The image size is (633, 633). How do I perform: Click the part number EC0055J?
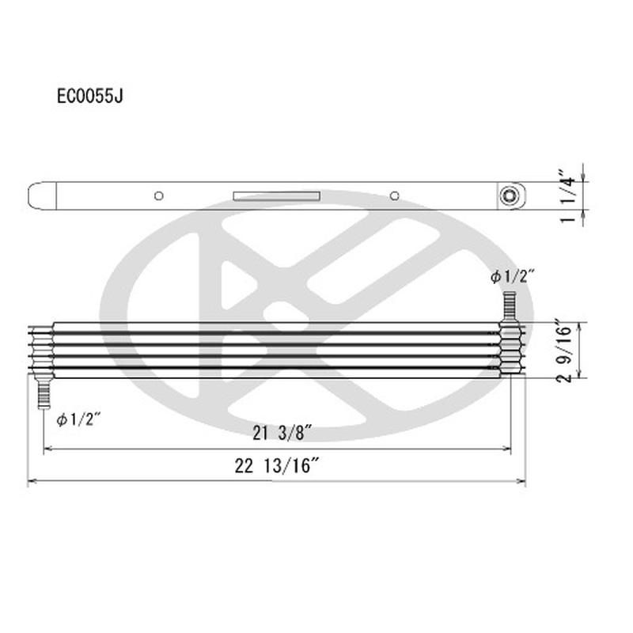click(89, 96)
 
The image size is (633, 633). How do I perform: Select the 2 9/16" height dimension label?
click(563, 350)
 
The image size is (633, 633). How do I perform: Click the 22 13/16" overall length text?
click(277, 466)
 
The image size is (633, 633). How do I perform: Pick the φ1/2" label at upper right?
click(513, 276)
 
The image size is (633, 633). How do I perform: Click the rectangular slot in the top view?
click(276, 195)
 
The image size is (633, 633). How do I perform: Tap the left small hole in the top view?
click(159, 195)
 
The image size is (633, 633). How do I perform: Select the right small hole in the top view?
click(394, 195)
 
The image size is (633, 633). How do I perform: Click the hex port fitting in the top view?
click(510, 195)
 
